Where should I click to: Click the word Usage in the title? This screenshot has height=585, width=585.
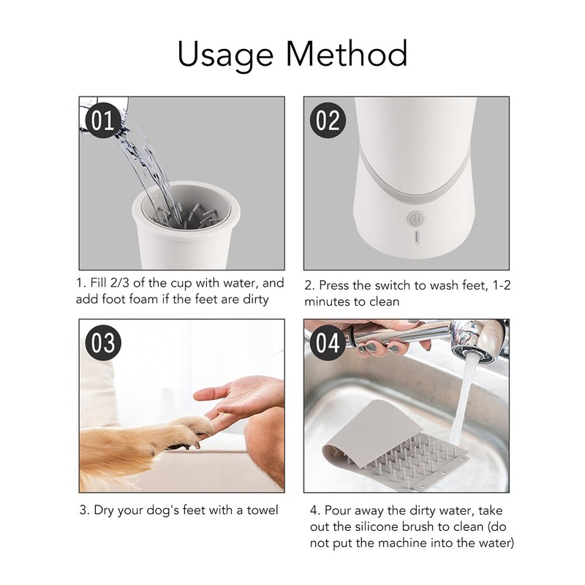225,54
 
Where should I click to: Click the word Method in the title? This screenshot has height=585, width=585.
347,53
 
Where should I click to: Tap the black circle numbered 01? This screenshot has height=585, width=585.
103,120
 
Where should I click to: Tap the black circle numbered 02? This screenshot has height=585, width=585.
328,120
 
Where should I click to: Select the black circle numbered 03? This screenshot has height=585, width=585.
103,342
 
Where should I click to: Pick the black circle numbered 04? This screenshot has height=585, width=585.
328,342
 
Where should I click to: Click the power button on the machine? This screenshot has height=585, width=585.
415,219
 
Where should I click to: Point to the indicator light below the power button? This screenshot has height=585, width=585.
416,238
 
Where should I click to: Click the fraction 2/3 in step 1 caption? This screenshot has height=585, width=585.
119,283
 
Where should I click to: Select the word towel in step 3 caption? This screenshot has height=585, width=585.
263,510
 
